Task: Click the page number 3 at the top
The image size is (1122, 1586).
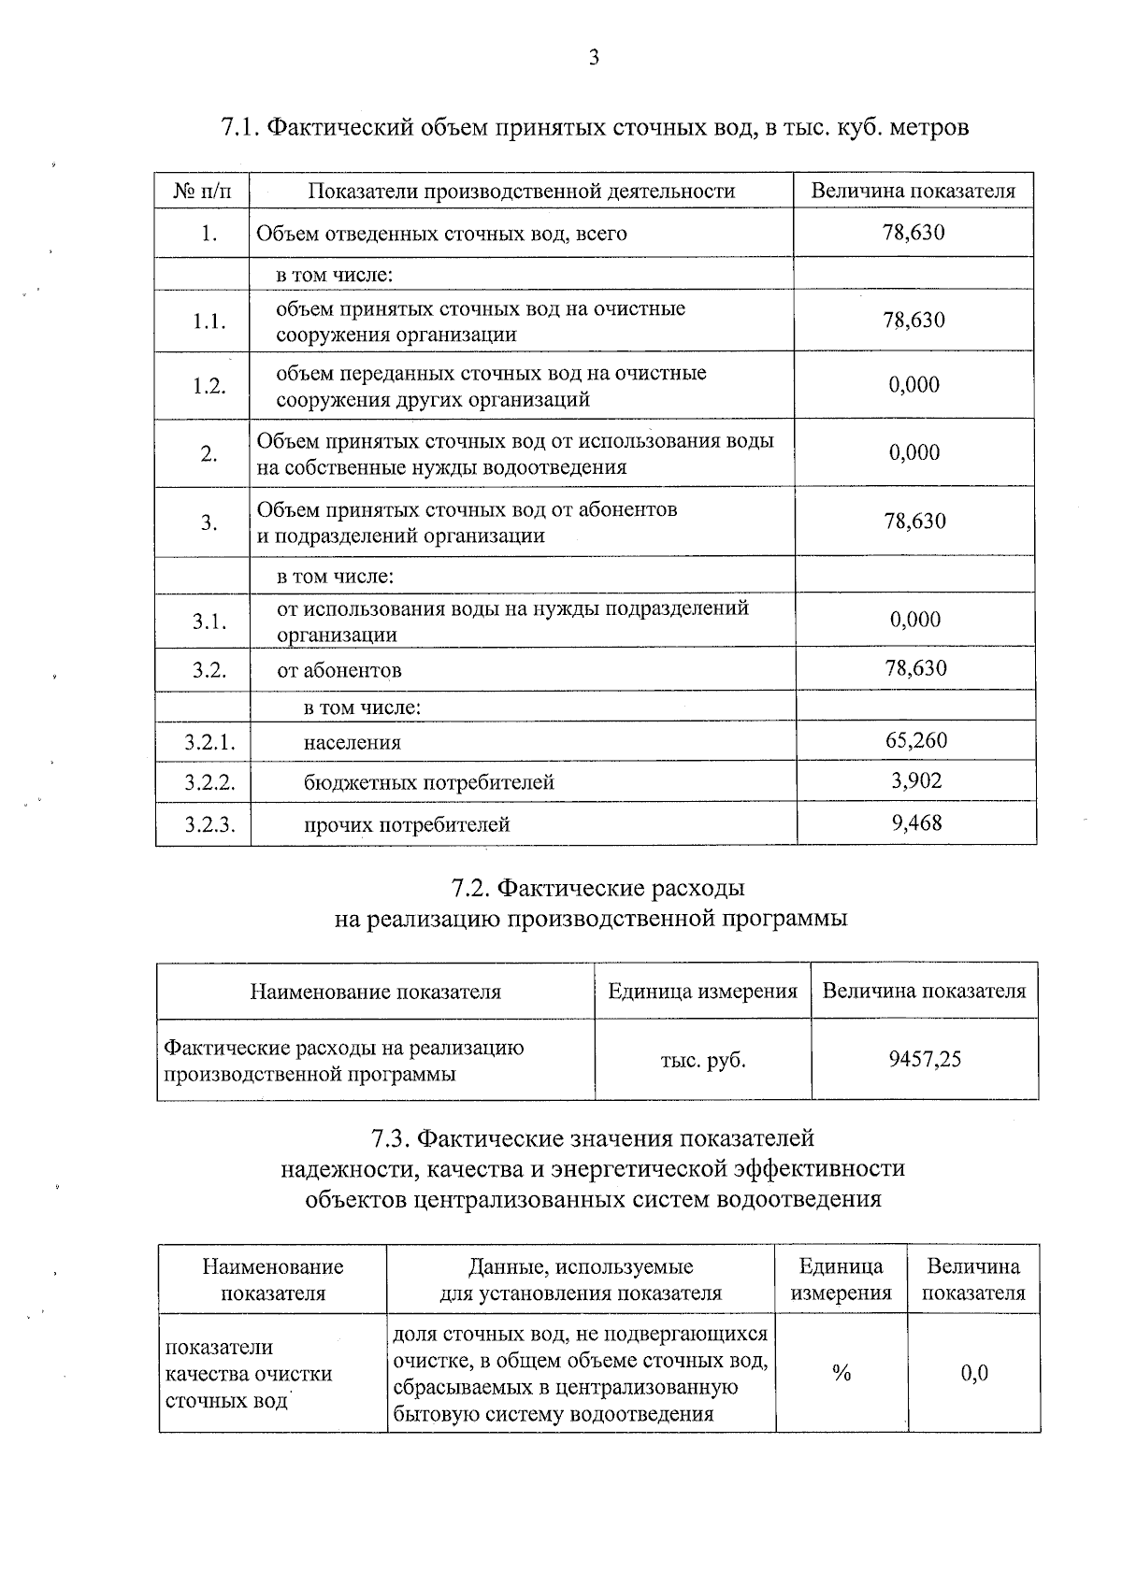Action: pyautogui.click(x=593, y=58)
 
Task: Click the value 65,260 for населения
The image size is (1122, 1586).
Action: pyautogui.click(x=915, y=741)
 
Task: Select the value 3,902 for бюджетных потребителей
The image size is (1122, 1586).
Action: pyautogui.click(x=915, y=781)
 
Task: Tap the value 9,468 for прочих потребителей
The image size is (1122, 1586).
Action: pyautogui.click(x=915, y=822)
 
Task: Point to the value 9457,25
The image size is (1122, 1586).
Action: pyautogui.click(x=925, y=1059)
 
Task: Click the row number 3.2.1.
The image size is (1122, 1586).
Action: pyautogui.click(x=209, y=743)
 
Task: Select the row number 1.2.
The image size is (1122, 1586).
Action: pyautogui.click(x=209, y=386)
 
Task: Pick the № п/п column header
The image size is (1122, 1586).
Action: pyautogui.click(x=202, y=192)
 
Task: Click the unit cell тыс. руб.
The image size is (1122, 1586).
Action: pyautogui.click(x=703, y=1060)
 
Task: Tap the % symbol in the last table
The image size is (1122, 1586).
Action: pyautogui.click(x=841, y=1373)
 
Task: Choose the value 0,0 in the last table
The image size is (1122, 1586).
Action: pyautogui.click(x=974, y=1373)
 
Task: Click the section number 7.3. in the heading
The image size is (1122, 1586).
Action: pyautogui.click(x=391, y=1138)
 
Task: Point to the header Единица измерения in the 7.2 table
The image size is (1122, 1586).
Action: pyautogui.click(x=702, y=992)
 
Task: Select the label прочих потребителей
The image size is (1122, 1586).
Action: pyautogui.click(x=407, y=824)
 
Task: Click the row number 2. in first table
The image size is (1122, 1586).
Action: pyautogui.click(x=209, y=454)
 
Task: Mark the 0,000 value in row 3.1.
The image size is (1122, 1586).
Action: pyautogui.click(x=914, y=620)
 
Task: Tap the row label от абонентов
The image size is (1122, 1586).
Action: pyautogui.click(x=339, y=670)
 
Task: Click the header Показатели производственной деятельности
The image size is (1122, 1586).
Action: pyautogui.click(x=522, y=192)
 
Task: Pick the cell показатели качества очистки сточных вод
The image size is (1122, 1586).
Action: pyautogui.click(x=249, y=1374)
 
